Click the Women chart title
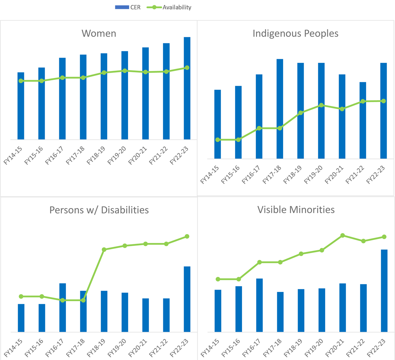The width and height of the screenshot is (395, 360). (99, 34)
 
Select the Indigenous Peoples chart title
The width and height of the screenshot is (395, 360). (295, 34)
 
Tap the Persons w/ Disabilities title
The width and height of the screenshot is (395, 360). (99, 210)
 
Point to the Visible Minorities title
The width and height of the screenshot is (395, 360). (296, 210)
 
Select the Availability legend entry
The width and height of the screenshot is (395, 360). (169, 7)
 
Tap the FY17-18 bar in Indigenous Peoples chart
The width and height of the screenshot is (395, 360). (280, 108)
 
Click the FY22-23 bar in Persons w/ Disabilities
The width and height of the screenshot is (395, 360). (187, 299)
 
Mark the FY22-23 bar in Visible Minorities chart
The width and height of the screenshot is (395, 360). (384, 291)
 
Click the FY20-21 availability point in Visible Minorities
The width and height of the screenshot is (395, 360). (343, 235)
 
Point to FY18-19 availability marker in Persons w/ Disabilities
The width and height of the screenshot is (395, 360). (104, 250)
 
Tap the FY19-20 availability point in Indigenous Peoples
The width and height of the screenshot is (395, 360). (322, 105)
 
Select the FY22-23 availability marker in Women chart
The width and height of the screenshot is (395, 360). (187, 68)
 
